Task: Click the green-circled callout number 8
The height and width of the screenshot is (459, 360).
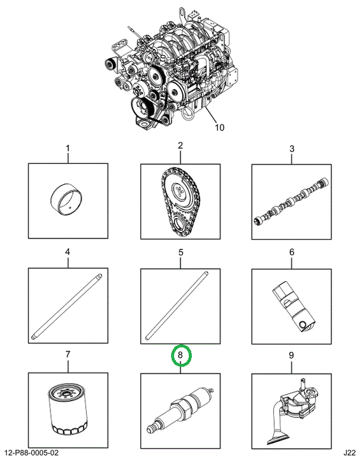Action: point(180,355)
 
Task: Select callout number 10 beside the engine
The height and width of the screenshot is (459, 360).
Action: point(220,127)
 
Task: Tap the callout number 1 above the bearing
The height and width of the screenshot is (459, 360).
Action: point(68,149)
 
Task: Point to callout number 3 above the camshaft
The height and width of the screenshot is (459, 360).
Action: point(292,149)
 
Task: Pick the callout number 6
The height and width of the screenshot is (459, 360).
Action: point(292,252)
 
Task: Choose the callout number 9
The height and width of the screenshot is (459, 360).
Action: point(291,355)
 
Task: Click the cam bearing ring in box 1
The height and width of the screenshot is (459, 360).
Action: point(67,199)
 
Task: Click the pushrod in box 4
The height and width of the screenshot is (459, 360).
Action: point(67,306)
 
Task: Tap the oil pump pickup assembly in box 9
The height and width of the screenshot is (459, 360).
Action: point(293,412)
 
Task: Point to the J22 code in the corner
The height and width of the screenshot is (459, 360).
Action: point(350,453)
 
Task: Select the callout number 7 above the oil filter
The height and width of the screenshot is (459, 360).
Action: point(68,354)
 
